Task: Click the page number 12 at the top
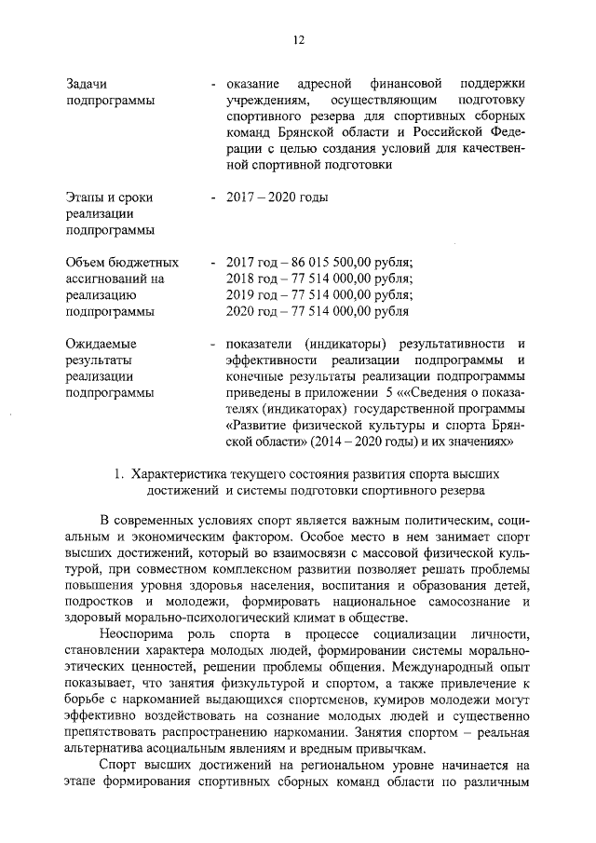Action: [298, 38]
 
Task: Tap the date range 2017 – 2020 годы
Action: [277, 197]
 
